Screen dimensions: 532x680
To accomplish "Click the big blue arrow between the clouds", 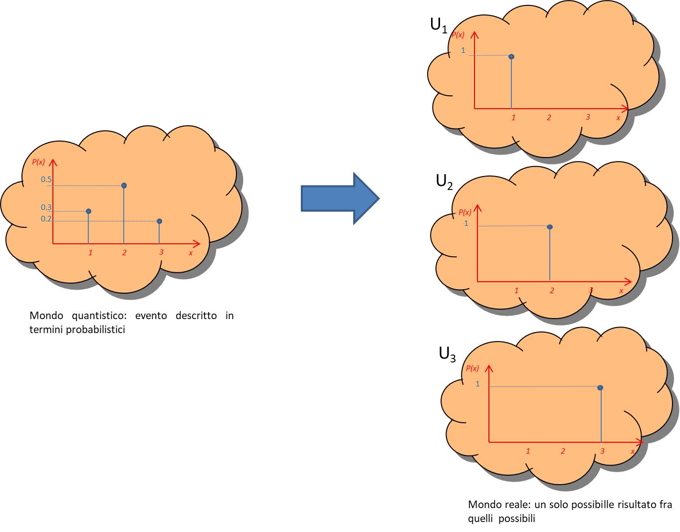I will pyautogui.click(x=339, y=198).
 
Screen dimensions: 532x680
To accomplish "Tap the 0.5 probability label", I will pyautogui.click(x=46, y=179).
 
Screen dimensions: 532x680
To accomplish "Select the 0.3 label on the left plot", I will pyautogui.click(x=46, y=207).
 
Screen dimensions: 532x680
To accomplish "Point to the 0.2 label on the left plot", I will pyautogui.click(x=46, y=219).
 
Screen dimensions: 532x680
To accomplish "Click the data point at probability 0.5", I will pyautogui.click(x=124, y=185).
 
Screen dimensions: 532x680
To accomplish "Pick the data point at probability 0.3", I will pyautogui.click(x=89, y=211).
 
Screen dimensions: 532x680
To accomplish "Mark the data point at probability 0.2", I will pyautogui.click(x=159, y=221).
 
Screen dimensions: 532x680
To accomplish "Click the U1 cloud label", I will pyautogui.click(x=439, y=25).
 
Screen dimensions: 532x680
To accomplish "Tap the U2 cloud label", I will pyautogui.click(x=444, y=181).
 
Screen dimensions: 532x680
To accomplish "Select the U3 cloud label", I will pyautogui.click(x=447, y=354).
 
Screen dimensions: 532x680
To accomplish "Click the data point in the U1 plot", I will pyautogui.click(x=511, y=57).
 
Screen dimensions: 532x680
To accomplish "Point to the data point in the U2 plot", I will pyautogui.click(x=550, y=227).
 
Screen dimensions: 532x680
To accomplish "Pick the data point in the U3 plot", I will pyautogui.click(x=600, y=388).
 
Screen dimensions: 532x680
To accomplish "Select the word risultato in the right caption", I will pyautogui.click(x=623, y=505).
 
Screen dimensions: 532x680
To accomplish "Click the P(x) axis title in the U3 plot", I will pyautogui.click(x=472, y=368).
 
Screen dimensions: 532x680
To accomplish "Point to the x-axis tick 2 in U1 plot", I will pyautogui.click(x=549, y=118).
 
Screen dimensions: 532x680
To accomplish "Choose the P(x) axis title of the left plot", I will pyautogui.click(x=38, y=162).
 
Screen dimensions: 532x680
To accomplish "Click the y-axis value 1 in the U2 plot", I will pyautogui.click(x=466, y=223).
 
